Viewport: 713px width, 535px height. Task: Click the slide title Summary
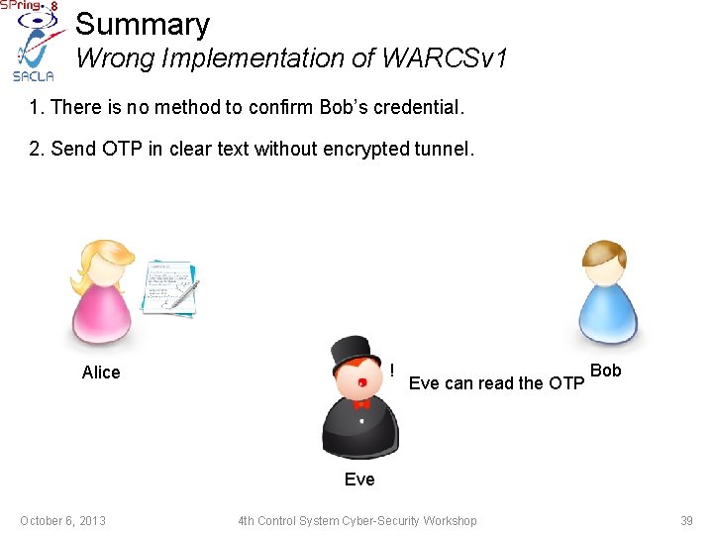click(143, 24)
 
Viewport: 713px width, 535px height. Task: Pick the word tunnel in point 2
click(446, 149)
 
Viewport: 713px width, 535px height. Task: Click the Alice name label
click(101, 373)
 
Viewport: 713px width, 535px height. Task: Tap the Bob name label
click(605, 371)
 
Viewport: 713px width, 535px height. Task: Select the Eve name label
click(359, 480)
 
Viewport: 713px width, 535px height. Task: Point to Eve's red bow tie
click(360, 403)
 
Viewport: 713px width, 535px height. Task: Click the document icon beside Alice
click(169, 285)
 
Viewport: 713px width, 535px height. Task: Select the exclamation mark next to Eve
click(393, 370)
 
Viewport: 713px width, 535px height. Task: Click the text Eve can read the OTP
click(496, 383)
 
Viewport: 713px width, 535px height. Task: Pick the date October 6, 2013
click(62, 521)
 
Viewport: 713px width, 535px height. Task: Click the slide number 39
click(686, 521)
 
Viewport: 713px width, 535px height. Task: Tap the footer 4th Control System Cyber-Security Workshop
click(356, 521)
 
